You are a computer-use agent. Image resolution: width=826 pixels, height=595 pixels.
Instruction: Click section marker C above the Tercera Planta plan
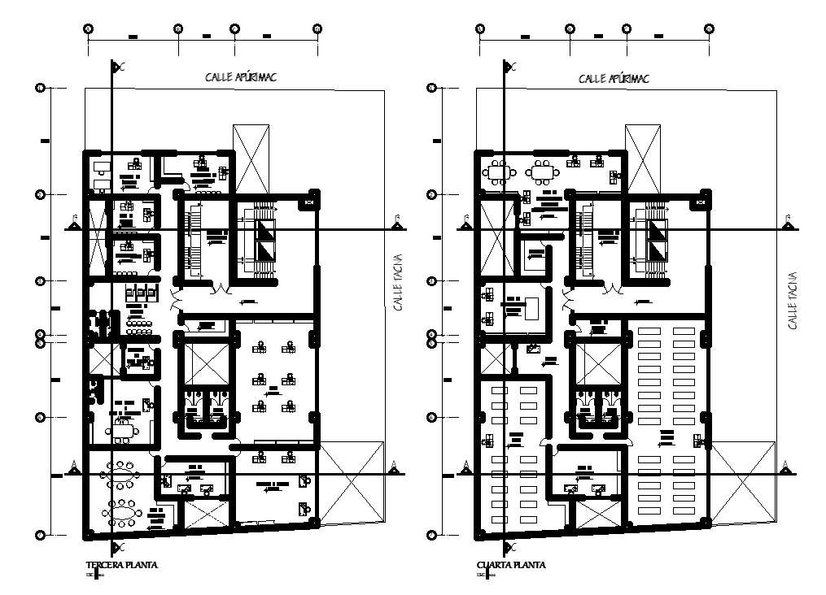point(118,67)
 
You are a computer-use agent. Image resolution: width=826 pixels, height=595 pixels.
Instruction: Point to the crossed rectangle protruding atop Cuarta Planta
point(642,159)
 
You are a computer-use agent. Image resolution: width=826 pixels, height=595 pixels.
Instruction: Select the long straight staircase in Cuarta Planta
point(586,242)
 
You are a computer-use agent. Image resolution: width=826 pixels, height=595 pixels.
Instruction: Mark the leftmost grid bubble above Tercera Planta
point(88,29)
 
